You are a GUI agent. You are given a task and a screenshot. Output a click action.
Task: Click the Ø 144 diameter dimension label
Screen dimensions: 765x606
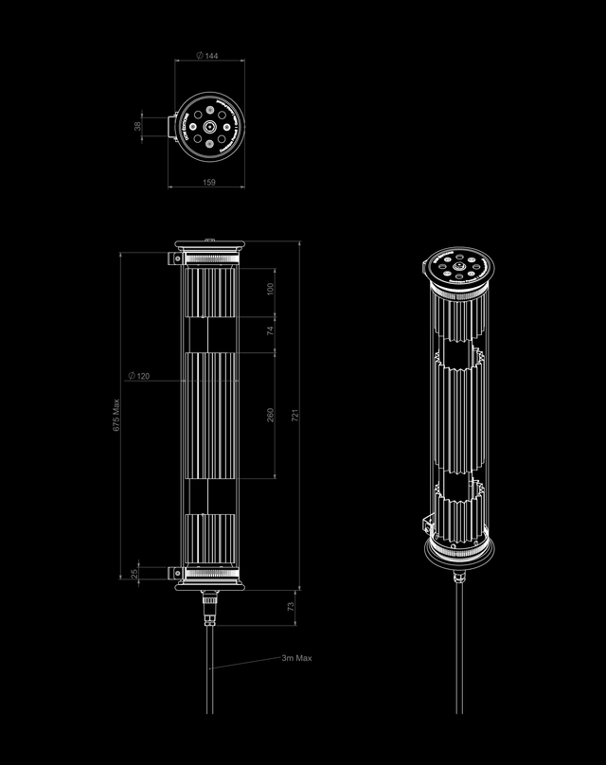pos(206,57)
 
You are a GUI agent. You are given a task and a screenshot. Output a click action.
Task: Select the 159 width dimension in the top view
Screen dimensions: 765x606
pos(207,181)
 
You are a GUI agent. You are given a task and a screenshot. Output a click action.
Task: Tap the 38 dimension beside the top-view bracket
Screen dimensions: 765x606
pos(137,125)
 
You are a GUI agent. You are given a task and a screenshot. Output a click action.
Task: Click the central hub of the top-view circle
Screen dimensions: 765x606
pos(208,125)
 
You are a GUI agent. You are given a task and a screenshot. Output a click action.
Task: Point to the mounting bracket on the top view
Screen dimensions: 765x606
pos(175,125)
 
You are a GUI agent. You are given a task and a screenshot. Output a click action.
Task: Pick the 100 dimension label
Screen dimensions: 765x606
pos(270,288)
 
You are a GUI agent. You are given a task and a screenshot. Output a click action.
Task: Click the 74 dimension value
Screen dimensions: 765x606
pos(270,330)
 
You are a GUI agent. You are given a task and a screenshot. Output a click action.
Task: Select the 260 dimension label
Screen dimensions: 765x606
pos(270,415)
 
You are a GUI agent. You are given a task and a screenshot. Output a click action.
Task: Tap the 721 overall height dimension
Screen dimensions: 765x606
pos(294,415)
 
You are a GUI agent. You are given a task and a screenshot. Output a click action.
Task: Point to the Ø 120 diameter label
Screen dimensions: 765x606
pos(138,376)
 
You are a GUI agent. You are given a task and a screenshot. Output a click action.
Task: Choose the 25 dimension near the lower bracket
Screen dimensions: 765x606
pos(134,573)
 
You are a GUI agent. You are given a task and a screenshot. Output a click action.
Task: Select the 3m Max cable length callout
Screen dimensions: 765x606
pos(295,658)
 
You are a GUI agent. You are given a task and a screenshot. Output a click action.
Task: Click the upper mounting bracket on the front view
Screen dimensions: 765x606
pos(175,258)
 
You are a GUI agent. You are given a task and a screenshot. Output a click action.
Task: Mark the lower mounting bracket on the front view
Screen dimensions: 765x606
pos(175,572)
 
